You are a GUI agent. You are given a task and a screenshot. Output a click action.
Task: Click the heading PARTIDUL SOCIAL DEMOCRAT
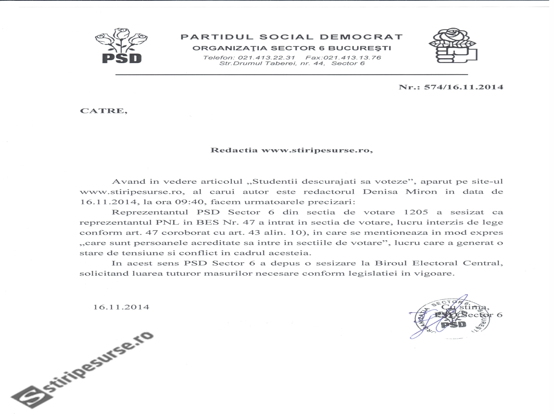coord(292,37)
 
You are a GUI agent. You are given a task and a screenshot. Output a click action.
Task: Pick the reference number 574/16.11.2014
coord(464,87)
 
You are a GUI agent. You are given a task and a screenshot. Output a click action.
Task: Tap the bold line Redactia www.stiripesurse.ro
coord(292,150)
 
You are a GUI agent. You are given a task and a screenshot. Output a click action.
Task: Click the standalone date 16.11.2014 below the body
coord(121,307)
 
